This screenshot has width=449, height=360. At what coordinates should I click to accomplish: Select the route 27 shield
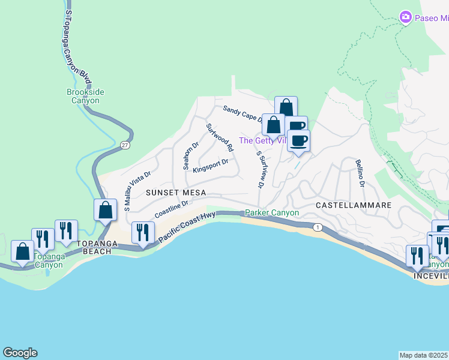[124, 145]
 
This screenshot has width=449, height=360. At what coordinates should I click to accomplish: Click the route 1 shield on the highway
[318, 227]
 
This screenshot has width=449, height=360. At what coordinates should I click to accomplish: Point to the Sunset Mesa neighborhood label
[176, 193]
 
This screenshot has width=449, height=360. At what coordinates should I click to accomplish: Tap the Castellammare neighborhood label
[354, 205]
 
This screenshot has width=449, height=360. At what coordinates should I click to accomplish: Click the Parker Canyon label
[272, 213]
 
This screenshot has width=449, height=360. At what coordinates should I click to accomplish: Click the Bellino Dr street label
[360, 173]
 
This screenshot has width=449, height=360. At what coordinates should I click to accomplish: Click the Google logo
[20, 353]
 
